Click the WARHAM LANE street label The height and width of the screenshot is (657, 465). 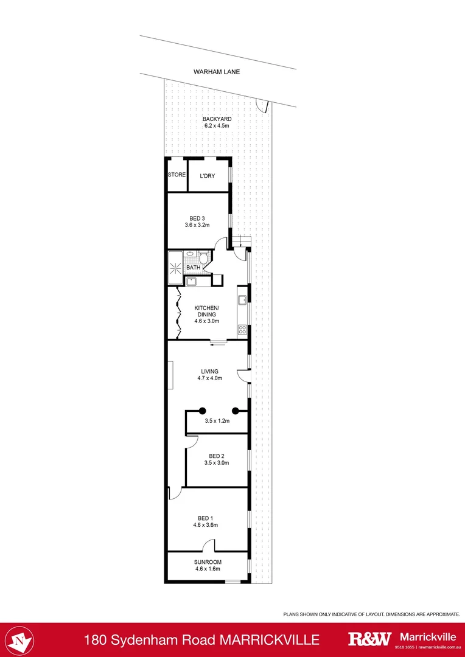click(217, 72)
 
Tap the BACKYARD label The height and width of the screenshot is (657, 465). click(217, 119)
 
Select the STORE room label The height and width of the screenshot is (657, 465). click(177, 175)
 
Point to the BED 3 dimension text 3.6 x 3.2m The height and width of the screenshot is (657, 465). click(197, 224)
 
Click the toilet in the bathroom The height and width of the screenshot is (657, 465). click(203, 259)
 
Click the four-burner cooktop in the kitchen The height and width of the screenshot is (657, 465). click(242, 330)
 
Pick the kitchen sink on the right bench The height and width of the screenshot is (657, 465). click(242, 300)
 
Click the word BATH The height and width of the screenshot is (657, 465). click(193, 268)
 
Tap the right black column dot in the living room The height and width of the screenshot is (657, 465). click(235, 410)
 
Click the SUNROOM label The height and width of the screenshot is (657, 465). click(208, 562)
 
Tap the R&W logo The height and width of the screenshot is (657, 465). click(369, 639)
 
